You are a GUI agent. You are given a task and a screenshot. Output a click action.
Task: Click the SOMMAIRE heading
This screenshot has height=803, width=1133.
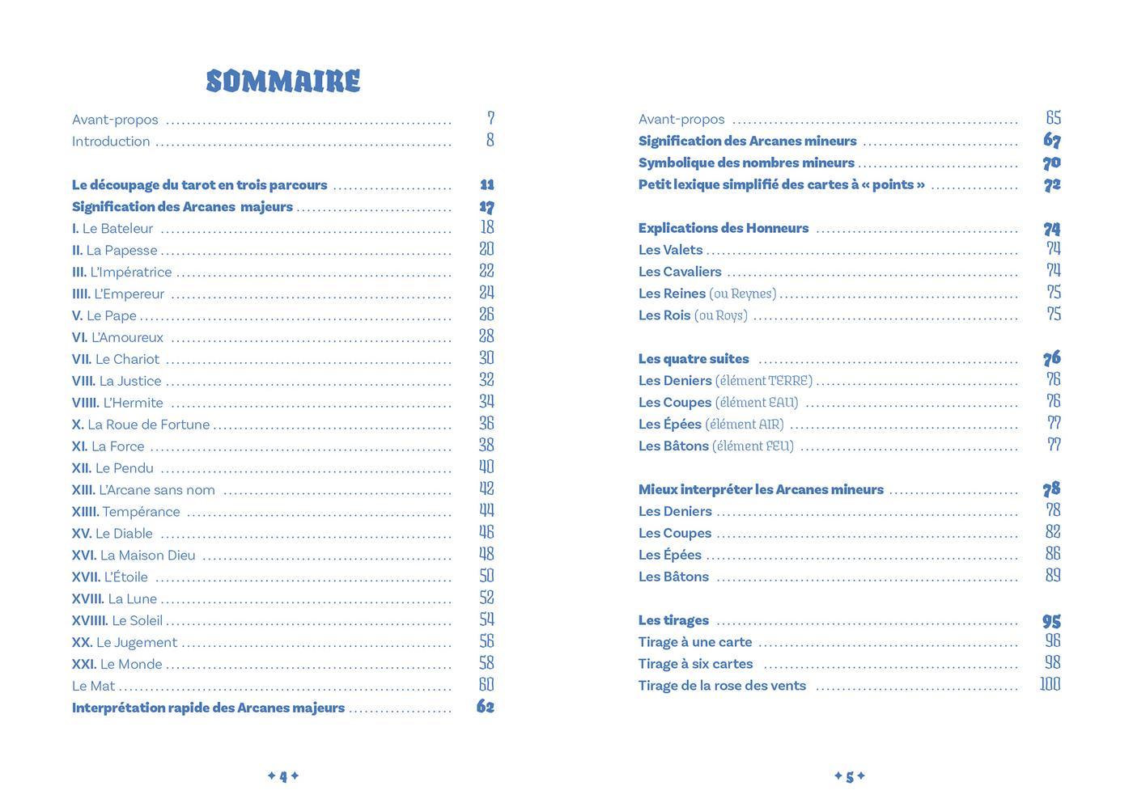(283, 81)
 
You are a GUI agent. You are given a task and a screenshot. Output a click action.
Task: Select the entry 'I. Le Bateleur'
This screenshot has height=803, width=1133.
(112, 229)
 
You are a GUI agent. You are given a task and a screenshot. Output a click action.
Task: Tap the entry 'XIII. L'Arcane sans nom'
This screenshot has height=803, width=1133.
(143, 490)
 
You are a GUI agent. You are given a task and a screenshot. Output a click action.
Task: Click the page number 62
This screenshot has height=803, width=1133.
(486, 707)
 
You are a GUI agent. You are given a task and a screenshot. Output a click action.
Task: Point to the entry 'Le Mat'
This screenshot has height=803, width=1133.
(94, 687)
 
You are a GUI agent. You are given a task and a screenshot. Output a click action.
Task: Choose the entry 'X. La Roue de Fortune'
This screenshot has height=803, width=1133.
(141, 425)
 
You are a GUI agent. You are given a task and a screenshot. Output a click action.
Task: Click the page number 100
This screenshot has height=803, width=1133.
(1050, 684)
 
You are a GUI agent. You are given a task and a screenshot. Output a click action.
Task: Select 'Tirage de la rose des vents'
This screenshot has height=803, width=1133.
(722, 686)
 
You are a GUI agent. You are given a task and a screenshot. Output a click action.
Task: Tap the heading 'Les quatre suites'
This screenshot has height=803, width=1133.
(694, 359)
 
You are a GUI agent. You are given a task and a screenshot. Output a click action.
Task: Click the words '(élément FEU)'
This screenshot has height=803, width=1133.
(753, 446)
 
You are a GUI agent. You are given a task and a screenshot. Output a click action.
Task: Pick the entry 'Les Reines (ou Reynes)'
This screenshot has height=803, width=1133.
(707, 294)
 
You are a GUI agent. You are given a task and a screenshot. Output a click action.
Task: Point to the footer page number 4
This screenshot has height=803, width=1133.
(283, 776)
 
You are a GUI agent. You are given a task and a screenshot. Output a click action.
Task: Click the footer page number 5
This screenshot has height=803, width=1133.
(850, 776)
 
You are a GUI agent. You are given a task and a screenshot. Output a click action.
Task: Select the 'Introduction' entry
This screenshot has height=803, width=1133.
(111, 142)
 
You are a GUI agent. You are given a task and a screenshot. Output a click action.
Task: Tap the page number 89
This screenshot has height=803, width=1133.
(1053, 576)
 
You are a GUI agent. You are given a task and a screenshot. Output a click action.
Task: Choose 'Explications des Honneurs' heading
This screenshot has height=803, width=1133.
(724, 228)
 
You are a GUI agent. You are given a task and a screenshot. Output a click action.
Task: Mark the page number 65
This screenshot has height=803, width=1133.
(1053, 118)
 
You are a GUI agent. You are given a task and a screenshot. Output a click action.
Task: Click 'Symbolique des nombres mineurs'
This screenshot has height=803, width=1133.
(746, 163)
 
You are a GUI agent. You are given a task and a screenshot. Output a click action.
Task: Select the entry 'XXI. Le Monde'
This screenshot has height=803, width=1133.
(117, 665)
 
